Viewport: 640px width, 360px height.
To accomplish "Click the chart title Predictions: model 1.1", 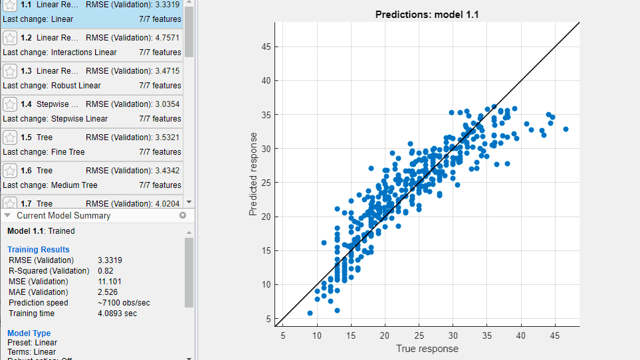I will [427, 14].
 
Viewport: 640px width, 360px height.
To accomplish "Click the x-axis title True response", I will [427, 349].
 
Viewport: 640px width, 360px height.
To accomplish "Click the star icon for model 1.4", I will [10, 104].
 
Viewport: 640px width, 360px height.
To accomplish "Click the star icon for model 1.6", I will [10, 171].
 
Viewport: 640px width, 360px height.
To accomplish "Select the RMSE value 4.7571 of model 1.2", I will [165, 38].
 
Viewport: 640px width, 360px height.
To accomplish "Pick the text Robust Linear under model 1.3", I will [76, 86].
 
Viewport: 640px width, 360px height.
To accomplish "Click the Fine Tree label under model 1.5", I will [68, 152].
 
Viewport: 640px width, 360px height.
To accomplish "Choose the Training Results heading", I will [38, 250].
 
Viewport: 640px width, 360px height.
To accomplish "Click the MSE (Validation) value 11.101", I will [110, 282].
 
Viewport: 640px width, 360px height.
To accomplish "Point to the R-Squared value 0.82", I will [106, 271].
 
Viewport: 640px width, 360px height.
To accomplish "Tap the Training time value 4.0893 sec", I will [117, 314].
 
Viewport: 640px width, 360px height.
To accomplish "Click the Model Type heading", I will [29, 333].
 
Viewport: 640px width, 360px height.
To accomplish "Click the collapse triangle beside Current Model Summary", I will [7, 216].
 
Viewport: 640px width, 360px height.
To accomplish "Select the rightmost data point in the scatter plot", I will [566, 129].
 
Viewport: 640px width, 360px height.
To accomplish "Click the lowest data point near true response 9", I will [310, 313].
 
